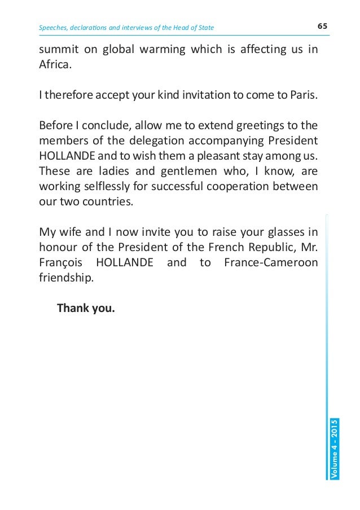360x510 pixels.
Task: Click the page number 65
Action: (323, 27)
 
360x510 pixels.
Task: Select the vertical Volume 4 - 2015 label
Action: (335, 449)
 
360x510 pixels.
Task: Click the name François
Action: (60, 262)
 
